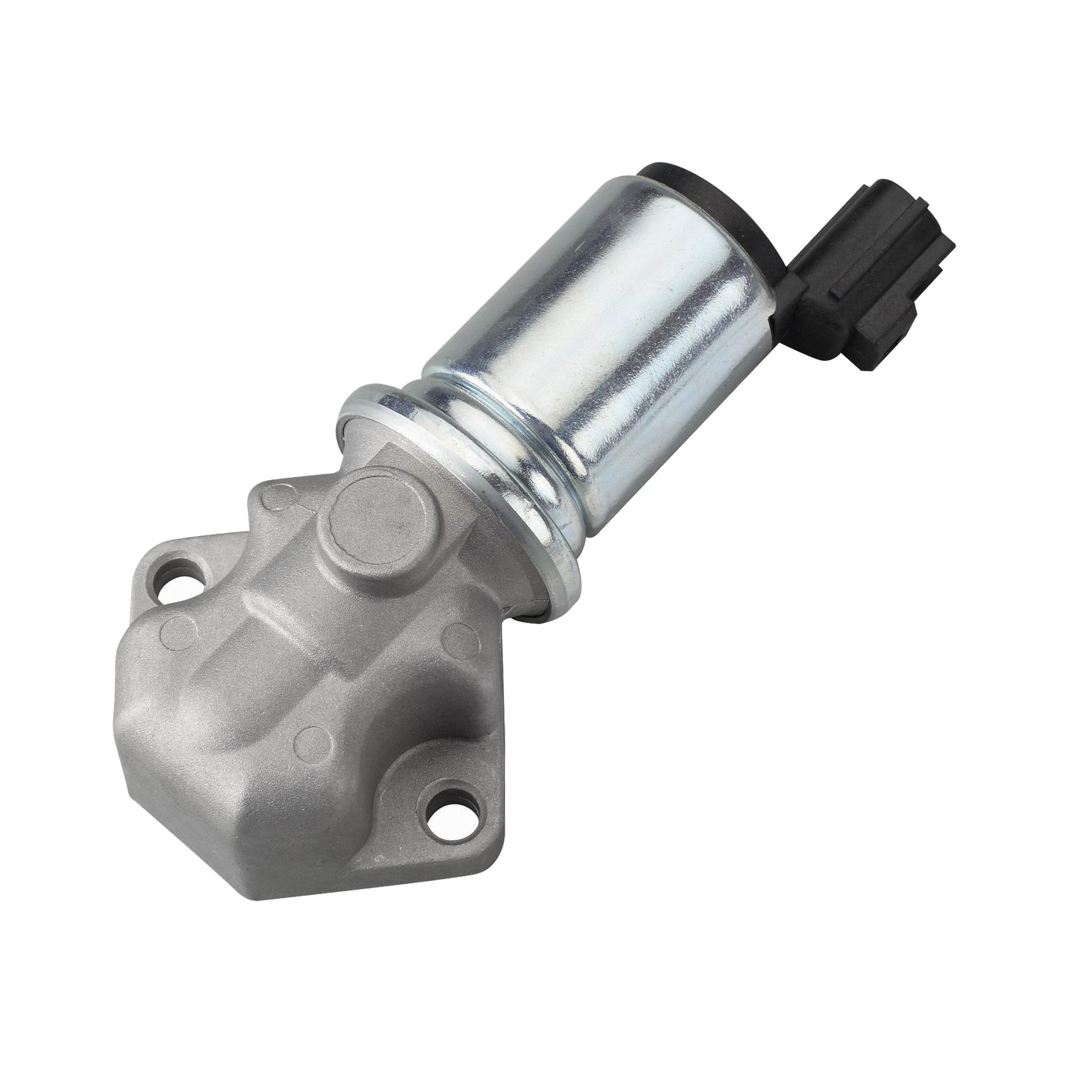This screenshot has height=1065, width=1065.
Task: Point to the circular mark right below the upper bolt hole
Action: click(173, 629)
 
